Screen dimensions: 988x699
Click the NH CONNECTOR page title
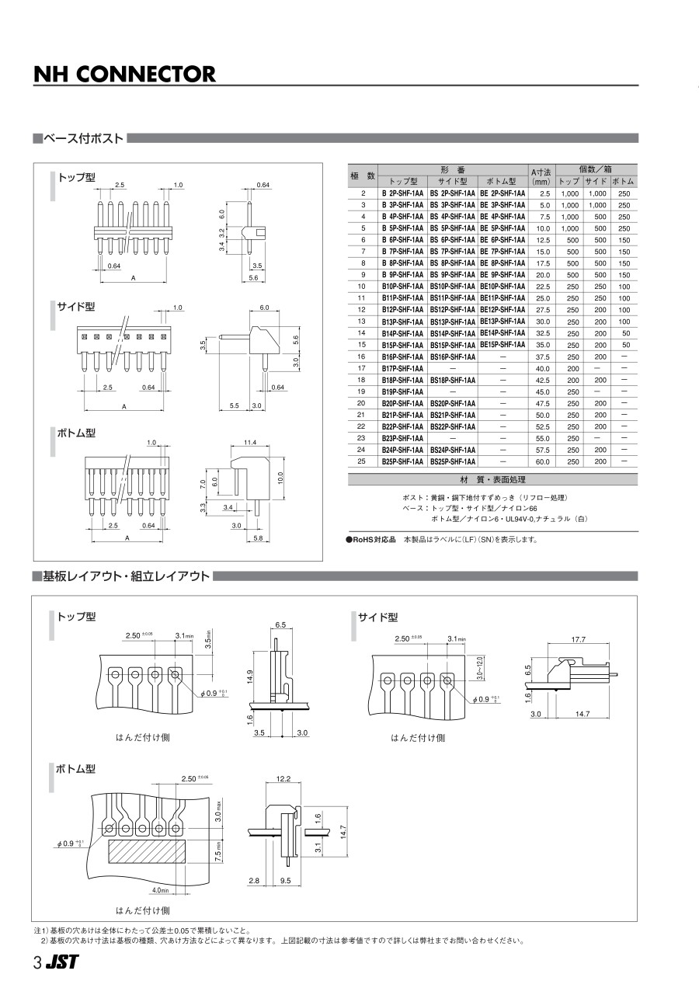[124, 74]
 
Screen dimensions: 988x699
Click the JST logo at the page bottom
[62, 962]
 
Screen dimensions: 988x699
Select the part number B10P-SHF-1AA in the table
[402, 287]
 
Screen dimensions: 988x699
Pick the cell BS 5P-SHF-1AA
[453, 228]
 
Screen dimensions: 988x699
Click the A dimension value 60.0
[542, 462]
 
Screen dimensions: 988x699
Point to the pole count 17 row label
[361, 368]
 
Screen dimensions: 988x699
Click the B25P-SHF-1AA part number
[402, 462]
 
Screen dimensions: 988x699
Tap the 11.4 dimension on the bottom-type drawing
[250, 443]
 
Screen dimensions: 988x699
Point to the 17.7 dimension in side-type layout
[577, 640]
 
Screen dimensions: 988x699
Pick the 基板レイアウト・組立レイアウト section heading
[126, 576]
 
